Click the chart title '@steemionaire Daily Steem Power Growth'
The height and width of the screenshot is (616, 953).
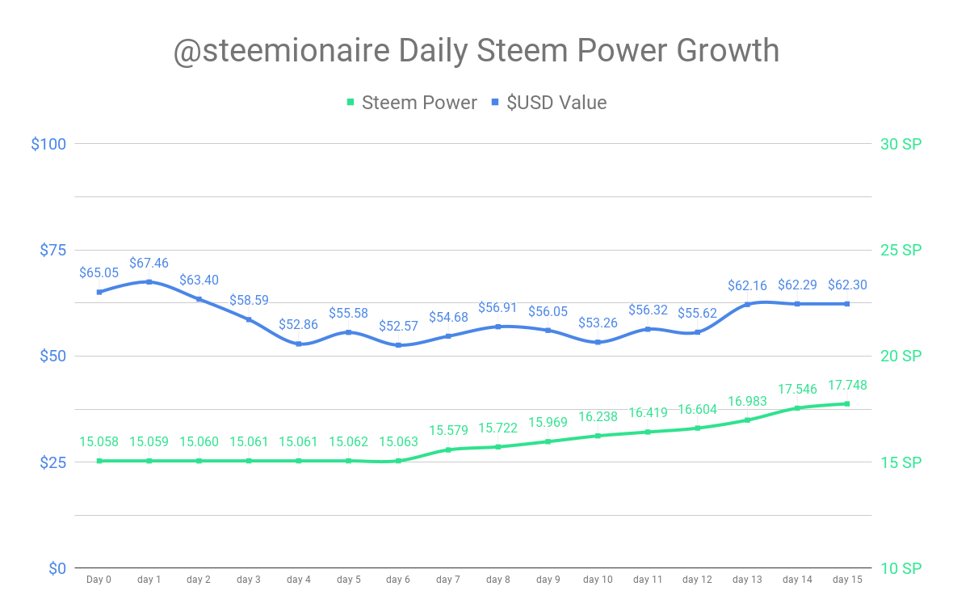pyautogui.click(x=476, y=51)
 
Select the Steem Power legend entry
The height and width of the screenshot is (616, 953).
pyautogui.click(x=412, y=103)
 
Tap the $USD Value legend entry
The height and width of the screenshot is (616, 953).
pyautogui.click(x=548, y=103)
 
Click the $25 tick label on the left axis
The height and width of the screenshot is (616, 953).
pyautogui.click(x=52, y=462)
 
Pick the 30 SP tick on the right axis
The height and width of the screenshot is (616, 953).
pyautogui.click(x=901, y=144)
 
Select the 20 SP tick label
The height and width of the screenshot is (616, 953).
pyautogui.click(x=901, y=357)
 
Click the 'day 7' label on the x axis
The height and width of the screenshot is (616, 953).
pyautogui.click(x=447, y=580)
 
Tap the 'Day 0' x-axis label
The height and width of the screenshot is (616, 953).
pyautogui.click(x=99, y=580)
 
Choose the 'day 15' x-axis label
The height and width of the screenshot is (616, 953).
pyautogui.click(x=847, y=580)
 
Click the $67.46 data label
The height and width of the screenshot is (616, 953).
pyautogui.click(x=149, y=263)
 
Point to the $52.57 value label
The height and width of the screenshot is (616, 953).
pyautogui.click(x=398, y=327)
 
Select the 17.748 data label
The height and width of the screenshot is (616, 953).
pyautogui.click(x=847, y=386)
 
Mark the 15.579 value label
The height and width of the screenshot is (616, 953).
pyautogui.click(x=448, y=431)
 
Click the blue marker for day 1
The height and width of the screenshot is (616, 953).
pyautogui.click(x=149, y=281)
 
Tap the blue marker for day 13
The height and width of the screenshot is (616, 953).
pyautogui.click(x=747, y=304)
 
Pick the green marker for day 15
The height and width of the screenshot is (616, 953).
pyautogui.click(x=847, y=403)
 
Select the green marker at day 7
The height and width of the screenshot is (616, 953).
pyautogui.click(x=448, y=449)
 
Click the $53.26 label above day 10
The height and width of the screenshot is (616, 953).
pyautogui.click(x=598, y=323)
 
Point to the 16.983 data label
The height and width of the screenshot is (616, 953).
pyautogui.click(x=747, y=402)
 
